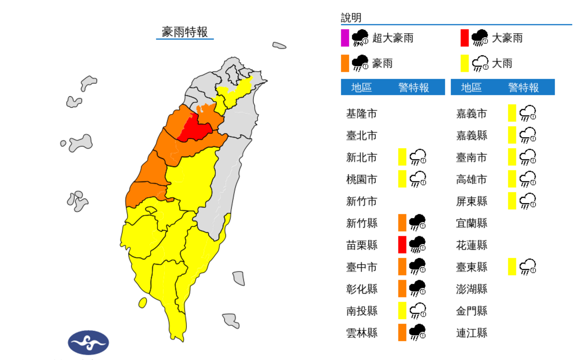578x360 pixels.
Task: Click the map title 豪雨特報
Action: point(185,32)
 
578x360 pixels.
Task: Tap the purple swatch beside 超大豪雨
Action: point(345,38)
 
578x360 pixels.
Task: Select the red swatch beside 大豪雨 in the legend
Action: point(464,38)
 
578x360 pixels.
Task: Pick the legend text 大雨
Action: point(502,63)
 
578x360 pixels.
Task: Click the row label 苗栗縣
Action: point(362,245)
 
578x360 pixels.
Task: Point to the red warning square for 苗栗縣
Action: point(402,244)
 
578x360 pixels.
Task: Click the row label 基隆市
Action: point(362,114)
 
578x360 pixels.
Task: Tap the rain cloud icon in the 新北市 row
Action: point(418,157)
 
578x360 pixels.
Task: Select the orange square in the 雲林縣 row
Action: point(402,332)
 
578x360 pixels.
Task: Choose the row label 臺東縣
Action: point(472,267)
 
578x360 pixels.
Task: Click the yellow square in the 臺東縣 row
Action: point(512,266)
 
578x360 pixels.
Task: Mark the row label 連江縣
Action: point(472,332)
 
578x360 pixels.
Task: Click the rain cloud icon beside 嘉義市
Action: point(527,114)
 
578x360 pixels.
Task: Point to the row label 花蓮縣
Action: point(472,245)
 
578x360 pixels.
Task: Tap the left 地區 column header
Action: point(361,88)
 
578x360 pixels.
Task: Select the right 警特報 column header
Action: point(524,88)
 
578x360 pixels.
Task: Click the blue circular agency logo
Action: point(89,343)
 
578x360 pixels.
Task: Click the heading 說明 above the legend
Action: point(351,18)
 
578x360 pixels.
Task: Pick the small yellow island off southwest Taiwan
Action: point(143,303)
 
